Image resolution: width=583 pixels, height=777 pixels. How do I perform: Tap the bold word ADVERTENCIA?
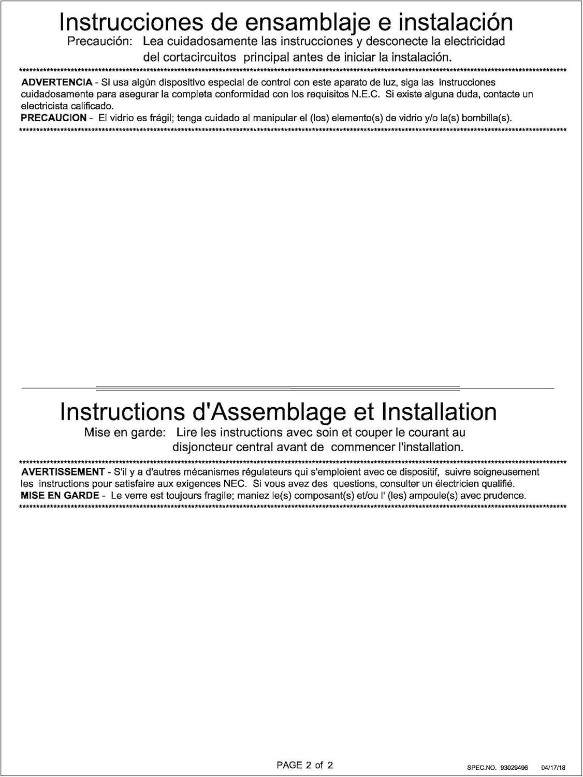coord(57,82)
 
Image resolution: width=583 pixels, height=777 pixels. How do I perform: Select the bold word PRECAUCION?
coord(54,118)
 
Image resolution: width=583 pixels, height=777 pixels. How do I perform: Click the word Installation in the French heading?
coord(439,412)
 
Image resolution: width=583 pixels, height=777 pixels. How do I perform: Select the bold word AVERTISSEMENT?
coord(63,472)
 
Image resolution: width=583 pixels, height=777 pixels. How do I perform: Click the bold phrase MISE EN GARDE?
coord(60,496)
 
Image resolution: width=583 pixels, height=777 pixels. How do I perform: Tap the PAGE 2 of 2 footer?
coord(305,765)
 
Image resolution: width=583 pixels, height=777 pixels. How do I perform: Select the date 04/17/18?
coord(553,768)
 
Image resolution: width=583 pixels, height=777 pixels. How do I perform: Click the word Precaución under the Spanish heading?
coord(100,41)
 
